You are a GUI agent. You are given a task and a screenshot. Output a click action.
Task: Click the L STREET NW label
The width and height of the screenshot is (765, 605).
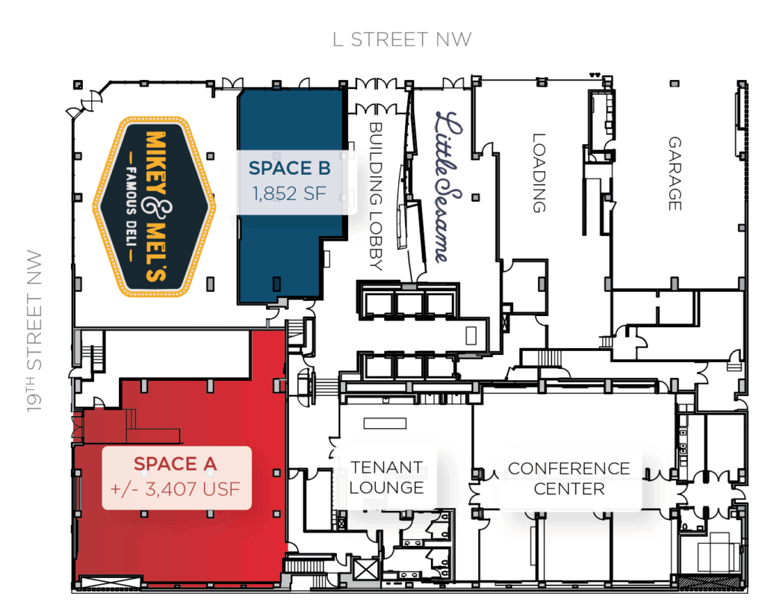point(402,40)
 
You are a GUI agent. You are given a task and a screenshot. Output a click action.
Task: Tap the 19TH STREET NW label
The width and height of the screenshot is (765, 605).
point(34,332)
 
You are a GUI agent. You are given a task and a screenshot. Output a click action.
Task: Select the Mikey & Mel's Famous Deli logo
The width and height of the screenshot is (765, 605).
point(154,207)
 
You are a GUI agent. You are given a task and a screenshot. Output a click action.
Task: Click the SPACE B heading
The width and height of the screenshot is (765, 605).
point(289,168)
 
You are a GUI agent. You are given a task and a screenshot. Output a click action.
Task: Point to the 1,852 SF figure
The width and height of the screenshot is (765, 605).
point(289,193)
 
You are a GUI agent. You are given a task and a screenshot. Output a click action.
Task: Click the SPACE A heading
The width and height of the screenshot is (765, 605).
point(175,464)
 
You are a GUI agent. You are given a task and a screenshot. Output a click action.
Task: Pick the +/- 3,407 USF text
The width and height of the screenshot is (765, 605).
point(176,489)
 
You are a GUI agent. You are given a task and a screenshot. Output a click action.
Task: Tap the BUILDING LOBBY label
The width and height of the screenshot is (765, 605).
point(376,196)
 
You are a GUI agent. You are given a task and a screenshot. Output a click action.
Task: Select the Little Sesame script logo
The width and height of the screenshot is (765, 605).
point(448,187)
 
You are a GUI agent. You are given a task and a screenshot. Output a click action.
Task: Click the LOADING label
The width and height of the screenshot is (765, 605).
point(539,173)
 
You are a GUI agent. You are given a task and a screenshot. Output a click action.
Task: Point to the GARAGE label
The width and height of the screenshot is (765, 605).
point(675,173)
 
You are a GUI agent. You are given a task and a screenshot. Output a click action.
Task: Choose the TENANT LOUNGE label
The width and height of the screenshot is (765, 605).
point(386,477)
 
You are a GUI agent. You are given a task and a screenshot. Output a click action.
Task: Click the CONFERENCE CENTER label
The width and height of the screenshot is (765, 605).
point(569,478)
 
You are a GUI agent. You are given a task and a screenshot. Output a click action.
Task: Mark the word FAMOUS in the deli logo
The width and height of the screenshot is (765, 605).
point(131,190)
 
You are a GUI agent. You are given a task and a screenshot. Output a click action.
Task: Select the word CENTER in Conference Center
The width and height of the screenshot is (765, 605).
point(569,488)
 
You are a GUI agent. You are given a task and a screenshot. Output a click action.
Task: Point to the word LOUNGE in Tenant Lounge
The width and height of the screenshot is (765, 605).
point(386,488)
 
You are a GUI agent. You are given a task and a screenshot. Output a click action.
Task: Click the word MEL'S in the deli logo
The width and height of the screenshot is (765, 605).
point(156,252)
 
